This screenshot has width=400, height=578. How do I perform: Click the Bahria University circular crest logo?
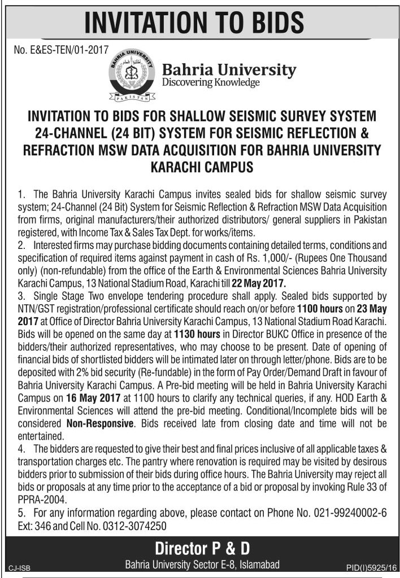(131, 75)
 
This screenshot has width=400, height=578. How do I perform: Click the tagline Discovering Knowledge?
(211, 83)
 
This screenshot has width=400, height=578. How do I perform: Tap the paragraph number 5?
(21, 515)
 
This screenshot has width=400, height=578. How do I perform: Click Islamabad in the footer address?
(257, 564)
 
